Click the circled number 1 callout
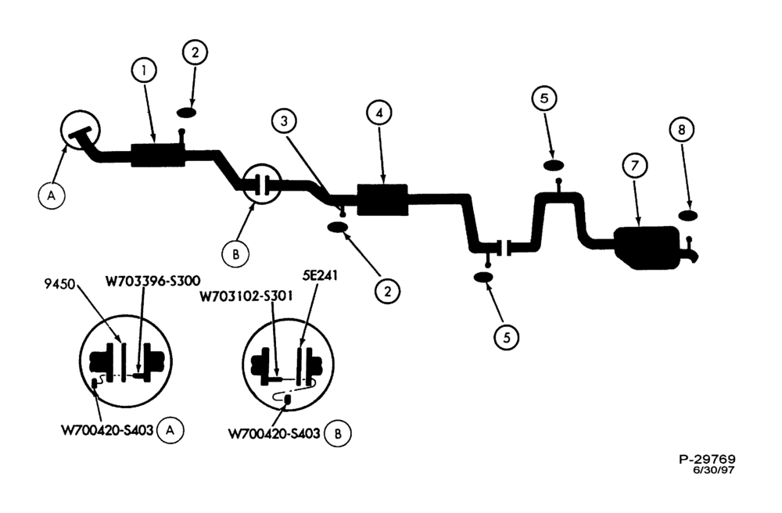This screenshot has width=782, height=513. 144,70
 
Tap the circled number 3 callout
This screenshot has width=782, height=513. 285,121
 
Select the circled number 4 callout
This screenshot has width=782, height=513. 379,113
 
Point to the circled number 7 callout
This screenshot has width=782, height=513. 634,166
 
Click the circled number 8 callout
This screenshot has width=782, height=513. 682,130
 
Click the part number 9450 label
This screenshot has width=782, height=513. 59,285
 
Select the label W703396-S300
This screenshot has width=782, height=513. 152,281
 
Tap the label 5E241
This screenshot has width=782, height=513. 319,275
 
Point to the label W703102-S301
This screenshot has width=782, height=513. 246,296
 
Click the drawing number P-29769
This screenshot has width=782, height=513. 707,459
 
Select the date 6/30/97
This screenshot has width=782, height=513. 713,470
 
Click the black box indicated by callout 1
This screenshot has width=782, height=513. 158,155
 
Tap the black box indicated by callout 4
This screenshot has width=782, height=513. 382,200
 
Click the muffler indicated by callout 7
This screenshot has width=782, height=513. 647,248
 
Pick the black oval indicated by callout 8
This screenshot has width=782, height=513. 688,215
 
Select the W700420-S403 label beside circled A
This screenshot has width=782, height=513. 106,430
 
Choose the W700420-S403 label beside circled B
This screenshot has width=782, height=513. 274,434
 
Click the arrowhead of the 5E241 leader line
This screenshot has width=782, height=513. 301,343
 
